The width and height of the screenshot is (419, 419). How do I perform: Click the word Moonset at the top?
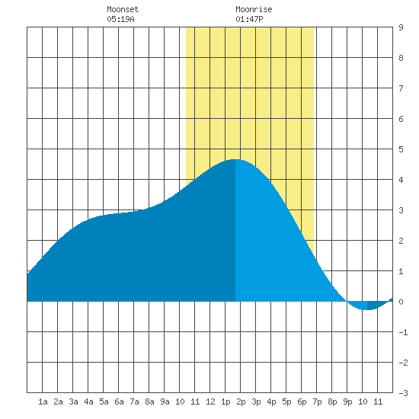click(123, 9)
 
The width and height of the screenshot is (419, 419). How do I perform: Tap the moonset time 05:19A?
click(120, 19)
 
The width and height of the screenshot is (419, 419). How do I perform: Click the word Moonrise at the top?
click(254, 9)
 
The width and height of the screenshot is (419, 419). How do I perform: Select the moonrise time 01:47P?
click(249, 19)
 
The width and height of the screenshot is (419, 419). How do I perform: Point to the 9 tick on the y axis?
click(401, 27)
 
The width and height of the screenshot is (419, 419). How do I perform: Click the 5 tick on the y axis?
click(401, 149)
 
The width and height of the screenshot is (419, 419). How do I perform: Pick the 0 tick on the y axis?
click(401, 302)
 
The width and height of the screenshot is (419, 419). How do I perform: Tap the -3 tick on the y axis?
click(403, 393)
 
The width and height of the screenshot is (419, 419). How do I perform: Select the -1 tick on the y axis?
click(403, 332)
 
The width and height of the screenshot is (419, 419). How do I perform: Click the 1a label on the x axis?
click(43, 401)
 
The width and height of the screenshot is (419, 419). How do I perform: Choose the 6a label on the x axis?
click(119, 401)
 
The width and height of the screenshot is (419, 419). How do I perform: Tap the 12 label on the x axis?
click(210, 401)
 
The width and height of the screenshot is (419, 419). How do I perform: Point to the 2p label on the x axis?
click(241, 401)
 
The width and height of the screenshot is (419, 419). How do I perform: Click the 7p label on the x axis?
click(317, 401)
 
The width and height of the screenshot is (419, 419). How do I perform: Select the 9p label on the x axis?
click(347, 401)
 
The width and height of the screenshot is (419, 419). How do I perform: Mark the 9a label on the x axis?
click(165, 401)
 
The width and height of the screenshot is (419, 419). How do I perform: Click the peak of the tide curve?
click(235, 159)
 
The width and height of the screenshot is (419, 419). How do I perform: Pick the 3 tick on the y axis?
click(401, 210)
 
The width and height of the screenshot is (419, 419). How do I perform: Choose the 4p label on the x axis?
click(271, 401)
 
